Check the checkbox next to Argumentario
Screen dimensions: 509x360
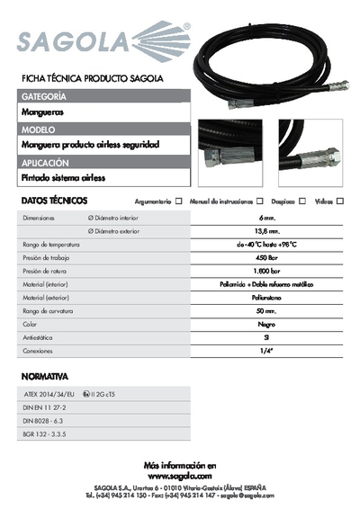point(179,201)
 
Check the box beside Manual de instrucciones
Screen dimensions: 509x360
point(260,201)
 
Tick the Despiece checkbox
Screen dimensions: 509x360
point(302,201)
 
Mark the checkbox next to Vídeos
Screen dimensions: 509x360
point(340,201)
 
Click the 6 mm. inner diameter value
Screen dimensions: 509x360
point(265,219)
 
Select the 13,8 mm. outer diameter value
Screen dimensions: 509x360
point(265,231)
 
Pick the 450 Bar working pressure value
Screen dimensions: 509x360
point(265,257)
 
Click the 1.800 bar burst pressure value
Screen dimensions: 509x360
point(265,270)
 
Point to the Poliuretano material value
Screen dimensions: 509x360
point(265,296)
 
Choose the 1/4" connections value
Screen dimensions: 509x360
point(265,352)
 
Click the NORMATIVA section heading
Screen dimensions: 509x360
point(44,376)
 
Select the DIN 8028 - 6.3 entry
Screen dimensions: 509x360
point(43,420)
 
